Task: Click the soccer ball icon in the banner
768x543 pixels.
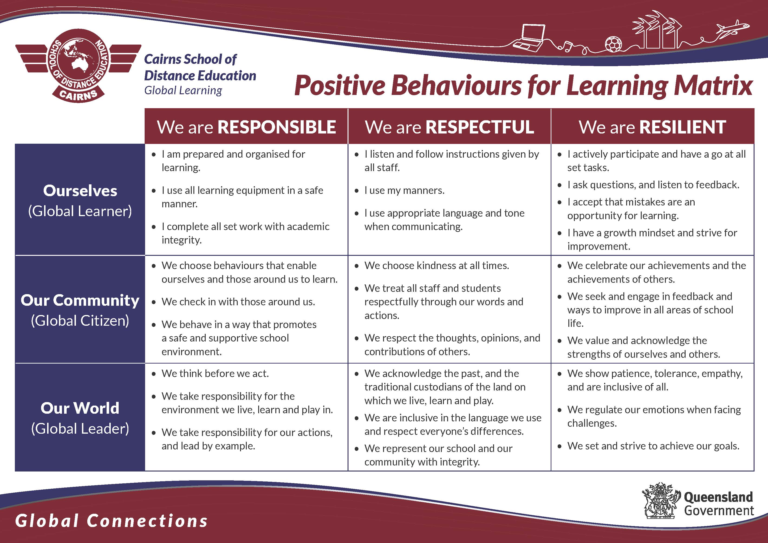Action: pos(613,44)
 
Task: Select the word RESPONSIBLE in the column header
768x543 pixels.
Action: pos(277,127)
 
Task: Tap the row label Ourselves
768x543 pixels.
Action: pos(80,191)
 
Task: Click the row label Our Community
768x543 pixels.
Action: pos(80,300)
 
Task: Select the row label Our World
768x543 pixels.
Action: pos(80,408)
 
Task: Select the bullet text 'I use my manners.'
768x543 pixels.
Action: pos(404,190)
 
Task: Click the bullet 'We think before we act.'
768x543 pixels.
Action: pos(215,373)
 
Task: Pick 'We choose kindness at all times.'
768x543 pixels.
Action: pos(436,265)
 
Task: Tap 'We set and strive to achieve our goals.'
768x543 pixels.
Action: pos(653,446)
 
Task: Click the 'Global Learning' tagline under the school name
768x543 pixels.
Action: pos(183,90)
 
